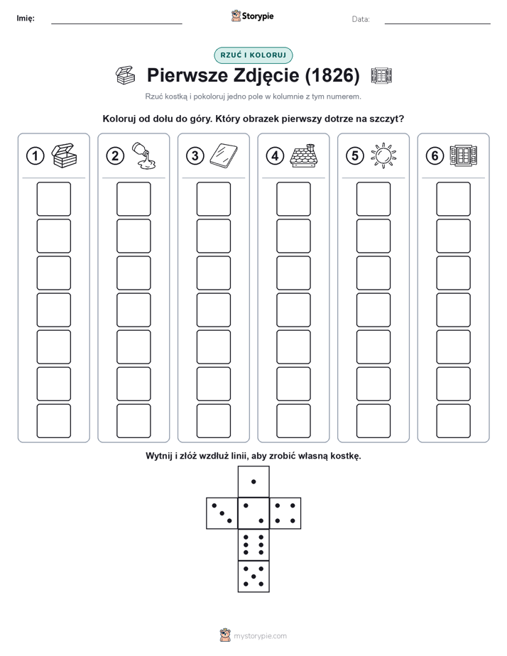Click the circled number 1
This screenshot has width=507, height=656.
coord(35,156)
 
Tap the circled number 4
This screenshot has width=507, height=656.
coord(275,156)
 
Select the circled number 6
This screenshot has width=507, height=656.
coord(435,156)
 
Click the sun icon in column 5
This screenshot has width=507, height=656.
coord(383,156)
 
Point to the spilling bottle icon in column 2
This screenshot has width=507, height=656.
coord(143,155)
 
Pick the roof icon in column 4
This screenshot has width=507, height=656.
coord(303,155)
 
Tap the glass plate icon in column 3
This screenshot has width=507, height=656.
coord(224,155)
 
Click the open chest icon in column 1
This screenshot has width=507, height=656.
coord(64,155)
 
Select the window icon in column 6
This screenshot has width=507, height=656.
coord(463,155)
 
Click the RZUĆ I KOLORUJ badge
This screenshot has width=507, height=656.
coord(253,55)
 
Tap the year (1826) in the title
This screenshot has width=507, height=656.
coord(332,75)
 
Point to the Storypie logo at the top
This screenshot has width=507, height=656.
coord(252,16)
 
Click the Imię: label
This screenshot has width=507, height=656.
coord(26,18)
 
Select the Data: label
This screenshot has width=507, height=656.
coord(361,19)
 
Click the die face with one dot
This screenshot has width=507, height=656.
coord(253,482)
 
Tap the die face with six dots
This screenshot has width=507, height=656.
coord(253,545)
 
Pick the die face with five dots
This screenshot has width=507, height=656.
coord(253,576)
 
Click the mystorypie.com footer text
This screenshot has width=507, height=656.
coord(260,636)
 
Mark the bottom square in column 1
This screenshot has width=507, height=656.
coord(53,421)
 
